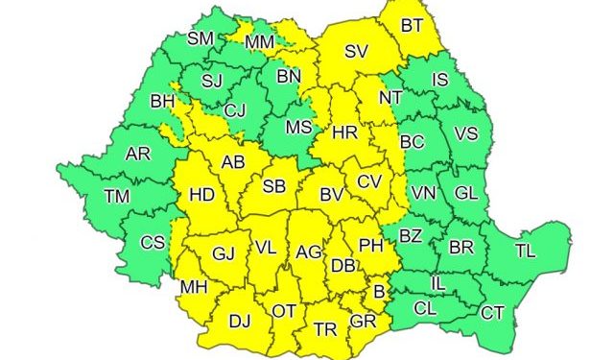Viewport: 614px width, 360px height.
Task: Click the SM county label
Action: click(x=201, y=38)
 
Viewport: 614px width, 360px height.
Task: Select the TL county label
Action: click(x=525, y=252)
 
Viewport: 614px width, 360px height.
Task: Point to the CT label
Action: click(x=492, y=312)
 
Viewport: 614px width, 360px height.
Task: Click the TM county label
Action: click(x=118, y=197)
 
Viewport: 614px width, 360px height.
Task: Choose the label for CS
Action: click(x=153, y=242)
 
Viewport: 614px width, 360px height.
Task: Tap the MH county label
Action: click(x=194, y=286)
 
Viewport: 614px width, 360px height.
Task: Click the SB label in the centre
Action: click(x=273, y=186)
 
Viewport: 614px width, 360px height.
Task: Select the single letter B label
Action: click(x=379, y=292)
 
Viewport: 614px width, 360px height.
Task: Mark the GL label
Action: click(x=466, y=192)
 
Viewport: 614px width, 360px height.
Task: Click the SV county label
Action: click(x=357, y=52)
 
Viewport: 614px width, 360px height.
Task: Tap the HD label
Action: click(x=202, y=195)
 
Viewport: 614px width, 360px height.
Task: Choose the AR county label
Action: click(x=137, y=153)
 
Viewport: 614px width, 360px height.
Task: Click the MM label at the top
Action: click(x=260, y=42)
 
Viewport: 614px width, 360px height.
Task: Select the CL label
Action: click(x=425, y=308)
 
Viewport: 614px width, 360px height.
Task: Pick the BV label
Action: click(x=332, y=195)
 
